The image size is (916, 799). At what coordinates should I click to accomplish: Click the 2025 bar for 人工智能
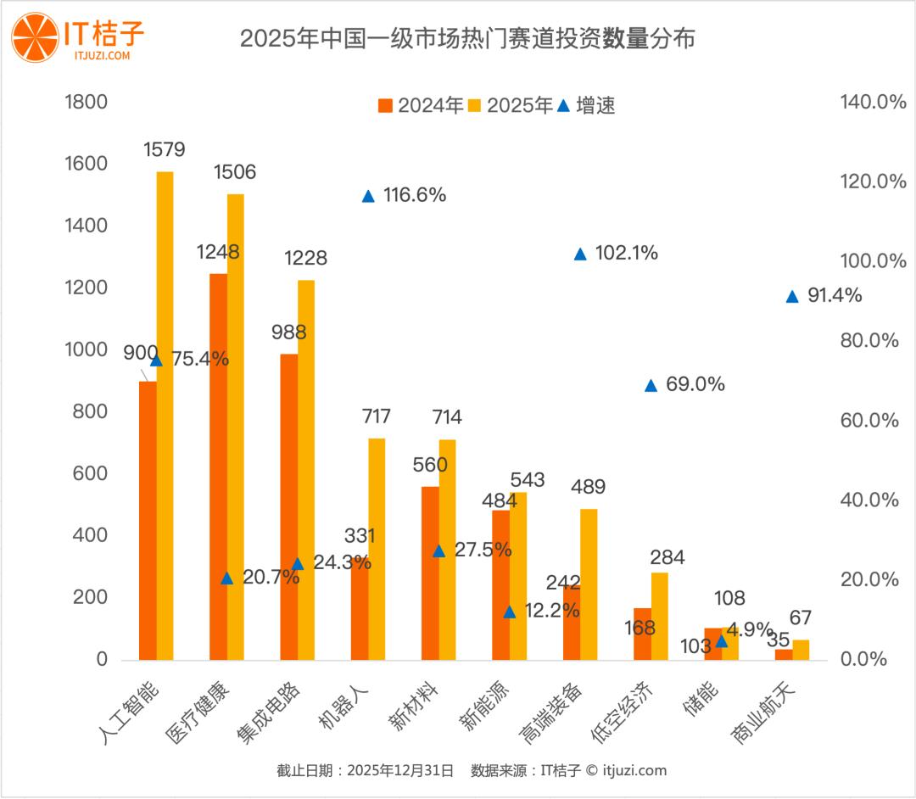click(165, 416)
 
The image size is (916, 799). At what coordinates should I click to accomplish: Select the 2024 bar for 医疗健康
click(218, 467)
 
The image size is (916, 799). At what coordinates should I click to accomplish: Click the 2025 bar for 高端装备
click(589, 584)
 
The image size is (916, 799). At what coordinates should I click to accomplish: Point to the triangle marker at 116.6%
click(368, 196)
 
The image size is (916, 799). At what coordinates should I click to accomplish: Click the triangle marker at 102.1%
click(580, 254)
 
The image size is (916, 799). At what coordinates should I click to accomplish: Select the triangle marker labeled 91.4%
click(792, 296)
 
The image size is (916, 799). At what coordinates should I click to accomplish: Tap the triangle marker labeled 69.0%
click(651, 385)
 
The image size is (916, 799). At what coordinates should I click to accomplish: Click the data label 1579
click(164, 149)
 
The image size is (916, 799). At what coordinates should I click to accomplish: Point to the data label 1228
click(305, 258)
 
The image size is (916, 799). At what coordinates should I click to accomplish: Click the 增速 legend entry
click(586, 105)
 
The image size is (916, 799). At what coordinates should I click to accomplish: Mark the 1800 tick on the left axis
click(86, 102)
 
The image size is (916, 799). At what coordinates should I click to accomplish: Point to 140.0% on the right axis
click(873, 102)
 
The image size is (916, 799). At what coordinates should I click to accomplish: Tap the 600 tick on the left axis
click(90, 473)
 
